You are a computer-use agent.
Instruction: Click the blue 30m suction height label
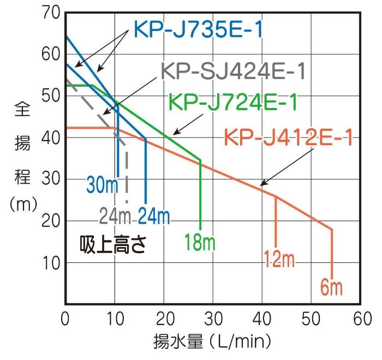(x=102, y=185)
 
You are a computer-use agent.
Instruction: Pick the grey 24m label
(x=115, y=217)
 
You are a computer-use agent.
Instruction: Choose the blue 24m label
(x=153, y=217)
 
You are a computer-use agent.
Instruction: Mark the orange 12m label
(x=279, y=259)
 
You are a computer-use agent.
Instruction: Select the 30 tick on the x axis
(x=213, y=319)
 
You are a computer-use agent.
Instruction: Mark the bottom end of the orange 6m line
(x=332, y=279)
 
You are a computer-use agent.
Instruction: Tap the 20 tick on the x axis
(x=164, y=319)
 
